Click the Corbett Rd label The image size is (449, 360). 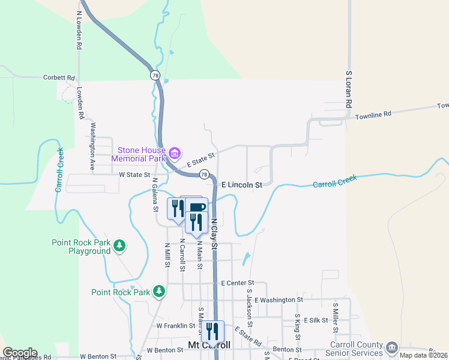tap(59, 77)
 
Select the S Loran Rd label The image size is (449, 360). tap(348, 89)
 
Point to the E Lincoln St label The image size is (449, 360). tap(242, 185)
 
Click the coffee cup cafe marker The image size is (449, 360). tap(197, 208)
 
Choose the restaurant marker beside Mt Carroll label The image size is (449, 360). tap(212, 331)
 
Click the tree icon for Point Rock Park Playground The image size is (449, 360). tap(119, 245)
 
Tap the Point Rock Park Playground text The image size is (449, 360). tap(81, 247)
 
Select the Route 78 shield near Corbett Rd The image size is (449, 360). tap(155, 75)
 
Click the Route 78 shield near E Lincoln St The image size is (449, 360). tap(205, 175)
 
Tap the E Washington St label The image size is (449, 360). tap(279, 299)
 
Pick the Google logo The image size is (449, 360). tap(20, 353)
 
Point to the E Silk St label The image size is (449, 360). tap(314, 321)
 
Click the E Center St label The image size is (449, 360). tap(238, 283)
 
